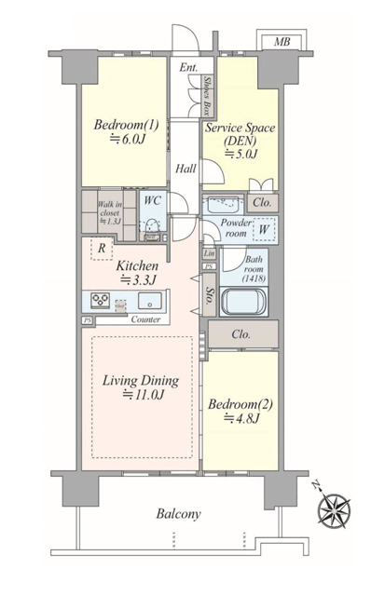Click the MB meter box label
[282, 41]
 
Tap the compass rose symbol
[334, 510]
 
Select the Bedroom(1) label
[127, 125]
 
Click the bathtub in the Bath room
[244, 302]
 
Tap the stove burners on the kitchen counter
[100, 300]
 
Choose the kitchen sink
[149, 301]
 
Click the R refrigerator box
[102, 249]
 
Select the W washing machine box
[264, 229]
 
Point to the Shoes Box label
[207, 96]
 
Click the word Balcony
[178, 514]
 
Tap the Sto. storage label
[210, 294]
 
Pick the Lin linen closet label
[209, 253]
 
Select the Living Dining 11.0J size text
[143, 395]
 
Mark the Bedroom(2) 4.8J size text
[241, 418]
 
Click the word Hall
[185, 169]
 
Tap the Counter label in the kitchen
[145, 319]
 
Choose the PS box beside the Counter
[88, 320]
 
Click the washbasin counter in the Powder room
[221, 206]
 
